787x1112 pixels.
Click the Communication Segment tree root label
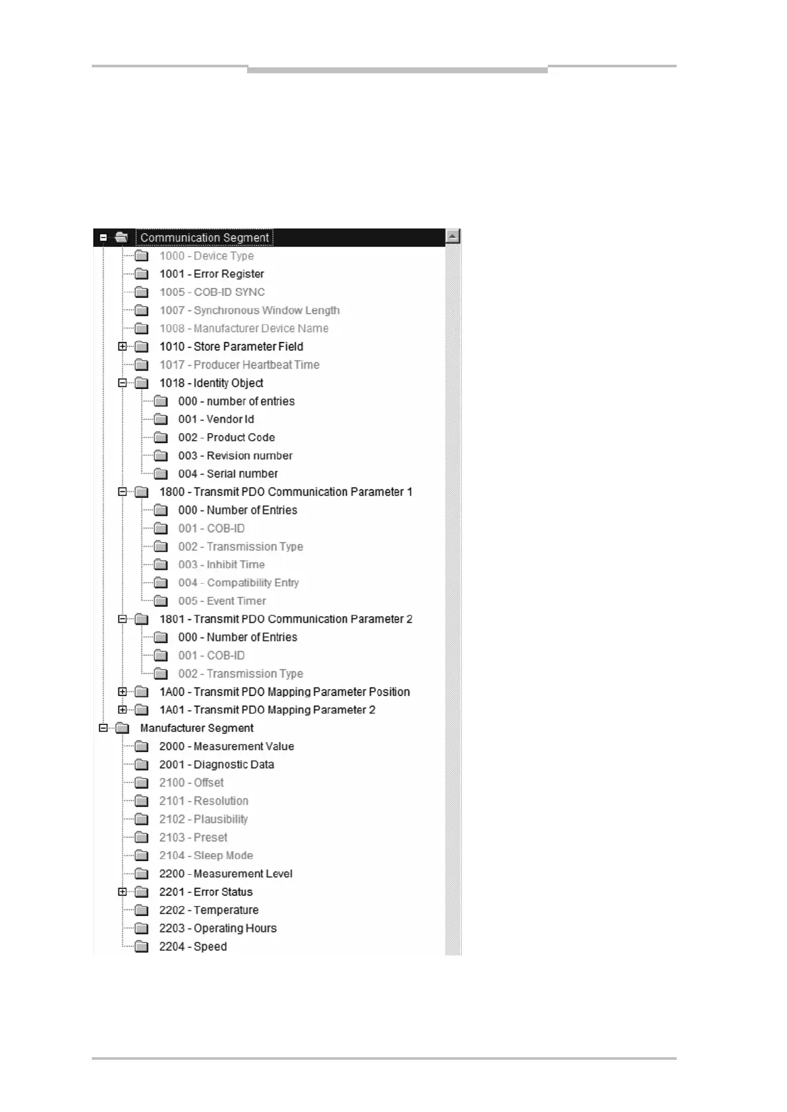point(204,238)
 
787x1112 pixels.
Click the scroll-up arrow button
point(453,236)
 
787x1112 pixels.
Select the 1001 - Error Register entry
point(211,274)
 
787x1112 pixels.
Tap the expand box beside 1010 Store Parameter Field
point(122,347)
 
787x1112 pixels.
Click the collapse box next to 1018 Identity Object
point(122,383)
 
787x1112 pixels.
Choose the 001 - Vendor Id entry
point(215,419)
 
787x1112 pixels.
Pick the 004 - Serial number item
point(227,474)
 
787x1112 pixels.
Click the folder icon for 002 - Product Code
point(161,438)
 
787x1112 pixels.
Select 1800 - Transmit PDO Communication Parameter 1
point(285,492)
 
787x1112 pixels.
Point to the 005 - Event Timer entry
point(221,601)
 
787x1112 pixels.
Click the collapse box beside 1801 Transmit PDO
point(122,619)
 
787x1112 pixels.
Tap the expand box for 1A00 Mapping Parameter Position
point(122,692)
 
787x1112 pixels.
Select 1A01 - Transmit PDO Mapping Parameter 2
point(267,710)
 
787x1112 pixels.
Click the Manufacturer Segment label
point(196,728)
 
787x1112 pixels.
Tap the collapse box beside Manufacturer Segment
point(103,728)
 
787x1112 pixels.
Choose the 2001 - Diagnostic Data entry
point(216,765)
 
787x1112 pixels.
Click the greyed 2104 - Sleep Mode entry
point(206,856)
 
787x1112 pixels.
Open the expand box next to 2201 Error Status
point(122,892)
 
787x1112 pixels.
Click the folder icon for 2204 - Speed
point(141,947)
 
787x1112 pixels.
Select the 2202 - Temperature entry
point(208,910)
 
